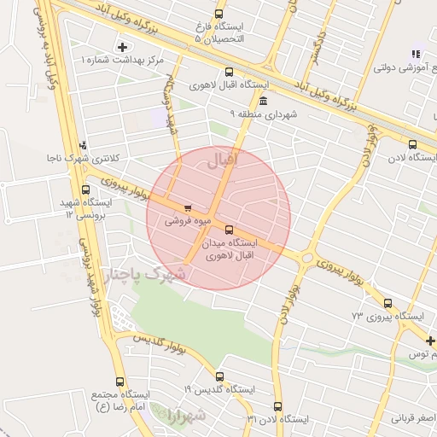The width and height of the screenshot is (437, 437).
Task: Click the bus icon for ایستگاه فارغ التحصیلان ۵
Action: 219,15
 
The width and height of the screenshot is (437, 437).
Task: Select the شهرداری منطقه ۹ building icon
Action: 262,102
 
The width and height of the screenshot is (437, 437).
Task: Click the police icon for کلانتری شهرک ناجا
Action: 83,145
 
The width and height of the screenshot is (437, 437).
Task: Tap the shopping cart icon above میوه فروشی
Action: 188,207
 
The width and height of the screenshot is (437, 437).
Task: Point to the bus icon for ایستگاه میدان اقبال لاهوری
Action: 229,229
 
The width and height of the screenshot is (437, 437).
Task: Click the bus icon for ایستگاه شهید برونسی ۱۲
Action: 85,190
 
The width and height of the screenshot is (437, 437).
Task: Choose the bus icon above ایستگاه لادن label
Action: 413,144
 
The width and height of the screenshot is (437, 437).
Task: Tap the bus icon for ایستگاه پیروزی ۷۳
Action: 388,303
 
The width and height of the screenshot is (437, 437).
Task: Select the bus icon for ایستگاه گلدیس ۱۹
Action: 220,376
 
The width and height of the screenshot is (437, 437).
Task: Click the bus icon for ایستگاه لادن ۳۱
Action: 277,406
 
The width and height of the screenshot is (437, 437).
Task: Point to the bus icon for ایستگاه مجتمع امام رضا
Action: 119,382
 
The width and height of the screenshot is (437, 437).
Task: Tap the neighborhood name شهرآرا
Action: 187,416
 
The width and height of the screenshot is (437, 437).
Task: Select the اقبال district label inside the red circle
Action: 247,159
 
